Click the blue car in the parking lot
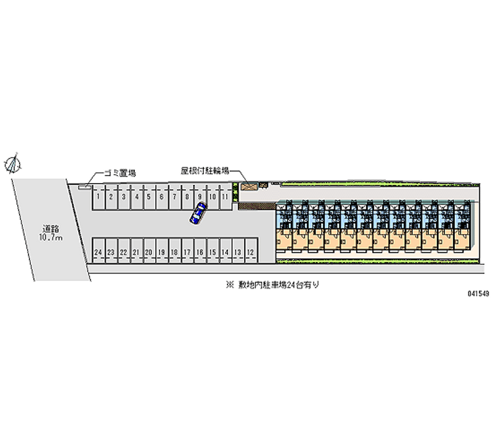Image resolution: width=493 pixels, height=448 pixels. [198, 213]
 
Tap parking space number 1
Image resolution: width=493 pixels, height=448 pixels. [97, 197]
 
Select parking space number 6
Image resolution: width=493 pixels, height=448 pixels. [161, 197]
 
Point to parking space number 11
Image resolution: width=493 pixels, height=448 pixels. [226, 197]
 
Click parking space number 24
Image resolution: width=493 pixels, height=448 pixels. [98, 252]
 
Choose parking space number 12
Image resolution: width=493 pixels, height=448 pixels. [250, 252]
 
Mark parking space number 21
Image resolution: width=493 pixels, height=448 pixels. [136, 252]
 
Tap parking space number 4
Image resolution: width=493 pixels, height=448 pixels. [136, 197]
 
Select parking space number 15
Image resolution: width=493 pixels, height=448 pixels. [212, 252]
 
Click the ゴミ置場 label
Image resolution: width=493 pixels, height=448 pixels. [120, 174]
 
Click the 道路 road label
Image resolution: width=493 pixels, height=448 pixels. [51, 228]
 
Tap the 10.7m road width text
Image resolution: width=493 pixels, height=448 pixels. [51, 237]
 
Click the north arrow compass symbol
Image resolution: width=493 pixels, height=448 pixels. [13, 163]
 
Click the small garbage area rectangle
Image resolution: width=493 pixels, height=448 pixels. [84, 185]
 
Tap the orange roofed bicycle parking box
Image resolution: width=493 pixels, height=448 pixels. [249, 185]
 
